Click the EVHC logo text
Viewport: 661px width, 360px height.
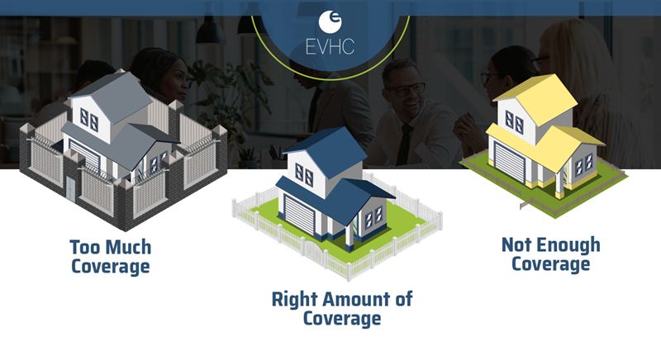click(x=330, y=47)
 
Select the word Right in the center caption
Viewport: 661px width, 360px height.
click(x=295, y=301)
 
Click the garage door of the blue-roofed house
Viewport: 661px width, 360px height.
click(x=300, y=215)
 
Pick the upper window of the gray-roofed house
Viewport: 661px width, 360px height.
click(x=89, y=119)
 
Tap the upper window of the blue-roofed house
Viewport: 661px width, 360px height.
click(x=304, y=175)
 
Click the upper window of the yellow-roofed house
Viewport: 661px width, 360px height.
click(x=515, y=122)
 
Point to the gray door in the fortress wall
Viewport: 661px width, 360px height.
click(x=70, y=189)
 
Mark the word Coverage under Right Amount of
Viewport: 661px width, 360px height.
click(x=342, y=319)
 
